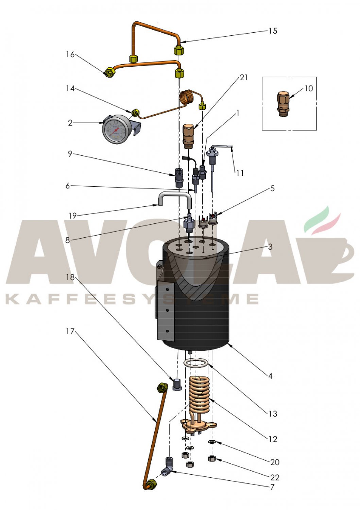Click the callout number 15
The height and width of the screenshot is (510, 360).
tap(273, 31)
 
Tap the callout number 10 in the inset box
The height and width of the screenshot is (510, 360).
tap(309, 88)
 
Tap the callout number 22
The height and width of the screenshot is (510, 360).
tap(275, 477)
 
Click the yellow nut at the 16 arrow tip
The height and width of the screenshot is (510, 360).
tap(110, 72)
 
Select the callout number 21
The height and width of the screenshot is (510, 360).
tap(243, 78)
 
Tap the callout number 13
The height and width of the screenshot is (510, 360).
tap(273, 413)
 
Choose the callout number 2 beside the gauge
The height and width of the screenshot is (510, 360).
tap(70, 123)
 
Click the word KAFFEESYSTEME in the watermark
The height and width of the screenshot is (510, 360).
tap(132, 300)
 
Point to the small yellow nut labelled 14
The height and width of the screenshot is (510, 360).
tap(135, 113)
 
